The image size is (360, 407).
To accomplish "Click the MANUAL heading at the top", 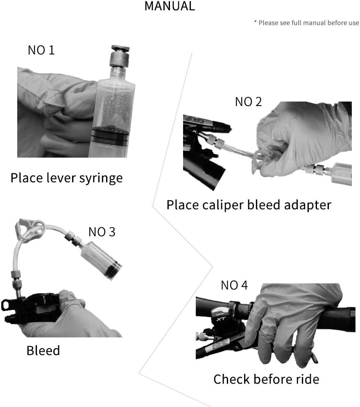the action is pos(170,6).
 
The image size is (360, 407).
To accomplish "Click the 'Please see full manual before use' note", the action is pos(306,23).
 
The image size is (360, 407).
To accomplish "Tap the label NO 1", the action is pos(41,50).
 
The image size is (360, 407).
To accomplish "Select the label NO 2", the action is pos(248,102).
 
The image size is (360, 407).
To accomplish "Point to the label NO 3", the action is pos(102,232).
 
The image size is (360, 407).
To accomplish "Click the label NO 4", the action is pos(234,285).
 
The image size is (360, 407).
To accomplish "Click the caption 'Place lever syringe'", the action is pos(66,178).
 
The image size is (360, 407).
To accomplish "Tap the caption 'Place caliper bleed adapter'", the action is pos(249,205).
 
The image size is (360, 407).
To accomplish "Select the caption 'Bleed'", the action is pos(43,350).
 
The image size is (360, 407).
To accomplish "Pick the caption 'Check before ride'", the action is pos(266,379).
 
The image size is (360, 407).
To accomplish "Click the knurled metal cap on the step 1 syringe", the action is pos(120,56).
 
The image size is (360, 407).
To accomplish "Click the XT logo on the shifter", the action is pos(221,319).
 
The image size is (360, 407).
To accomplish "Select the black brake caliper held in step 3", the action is pos(31,308).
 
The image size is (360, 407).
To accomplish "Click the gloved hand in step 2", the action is pos(301,138).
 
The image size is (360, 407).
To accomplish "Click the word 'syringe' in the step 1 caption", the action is pos(101,179).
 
